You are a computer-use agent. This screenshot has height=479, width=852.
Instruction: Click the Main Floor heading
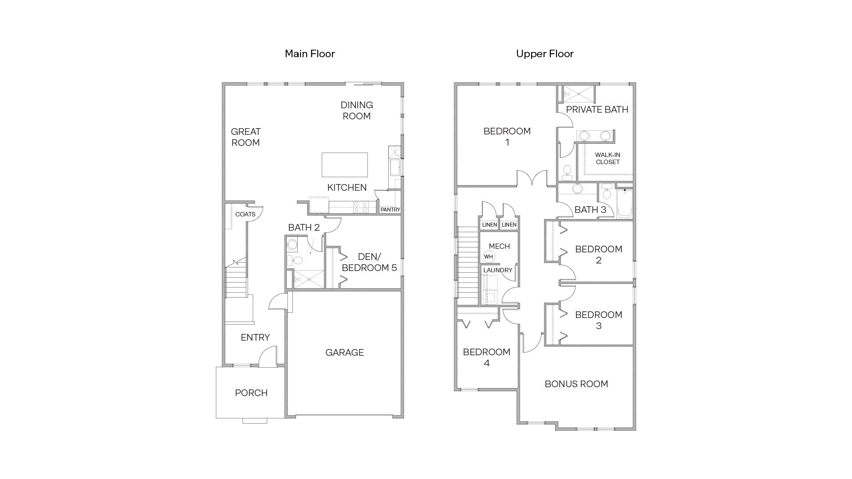(x=310, y=54)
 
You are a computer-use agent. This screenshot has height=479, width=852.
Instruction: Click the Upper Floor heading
(x=544, y=54)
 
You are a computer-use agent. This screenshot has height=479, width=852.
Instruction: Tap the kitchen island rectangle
(x=344, y=165)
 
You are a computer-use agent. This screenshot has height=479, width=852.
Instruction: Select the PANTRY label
(x=390, y=209)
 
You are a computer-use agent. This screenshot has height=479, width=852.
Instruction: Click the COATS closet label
(x=245, y=214)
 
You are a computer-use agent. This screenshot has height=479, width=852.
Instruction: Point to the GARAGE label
(x=344, y=353)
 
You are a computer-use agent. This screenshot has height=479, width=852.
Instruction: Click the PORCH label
(x=251, y=393)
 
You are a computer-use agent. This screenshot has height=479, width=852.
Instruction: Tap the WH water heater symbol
(x=488, y=256)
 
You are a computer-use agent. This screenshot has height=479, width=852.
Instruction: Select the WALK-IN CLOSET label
(x=607, y=158)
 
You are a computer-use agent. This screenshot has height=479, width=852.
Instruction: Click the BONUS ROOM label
(x=576, y=384)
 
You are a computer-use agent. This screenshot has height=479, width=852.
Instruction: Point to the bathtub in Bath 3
(x=624, y=204)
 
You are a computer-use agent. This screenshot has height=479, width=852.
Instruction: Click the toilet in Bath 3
(x=607, y=193)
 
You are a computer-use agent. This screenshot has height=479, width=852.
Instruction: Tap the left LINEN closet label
(x=489, y=225)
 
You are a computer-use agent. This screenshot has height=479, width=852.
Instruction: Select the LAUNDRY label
(x=497, y=270)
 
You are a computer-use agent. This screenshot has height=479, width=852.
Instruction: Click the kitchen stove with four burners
(x=360, y=207)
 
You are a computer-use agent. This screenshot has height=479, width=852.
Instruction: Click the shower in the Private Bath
(x=578, y=94)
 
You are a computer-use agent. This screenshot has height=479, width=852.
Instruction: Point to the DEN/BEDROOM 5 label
(x=369, y=262)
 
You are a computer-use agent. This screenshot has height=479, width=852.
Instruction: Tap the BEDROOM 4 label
(x=486, y=357)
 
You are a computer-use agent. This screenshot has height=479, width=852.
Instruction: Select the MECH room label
(x=499, y=246)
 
